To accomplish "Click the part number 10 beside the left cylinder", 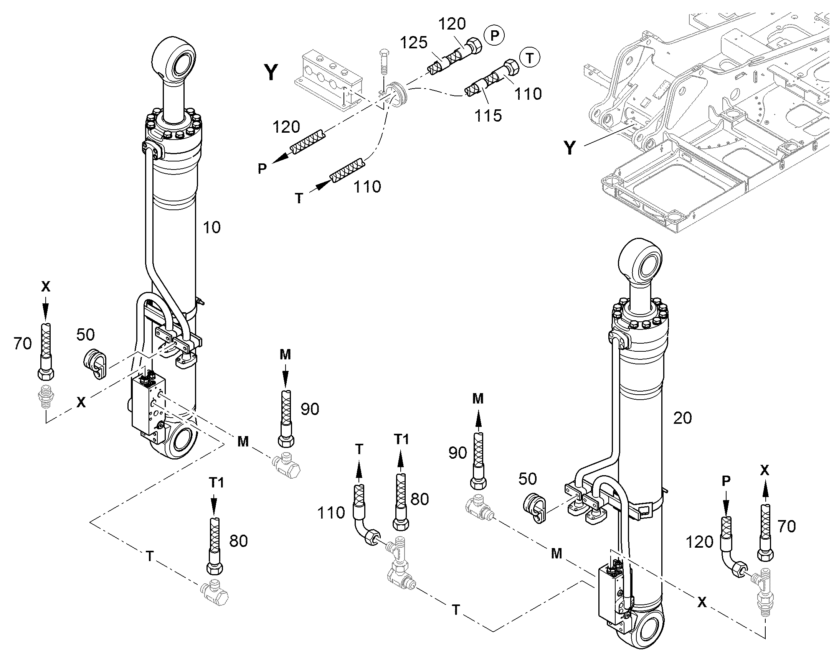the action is (x=212, y=227).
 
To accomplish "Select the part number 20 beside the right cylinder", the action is (x=682, y=418).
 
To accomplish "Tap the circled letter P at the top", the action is (x=495, y=35).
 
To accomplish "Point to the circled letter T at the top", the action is (x=530, y=58).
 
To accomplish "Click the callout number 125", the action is (x=414, y=43).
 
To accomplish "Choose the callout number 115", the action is (x=488, y=115).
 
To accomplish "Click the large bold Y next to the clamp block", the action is (x=271, y=72).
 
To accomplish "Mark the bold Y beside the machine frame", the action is (x=570, y=147).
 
